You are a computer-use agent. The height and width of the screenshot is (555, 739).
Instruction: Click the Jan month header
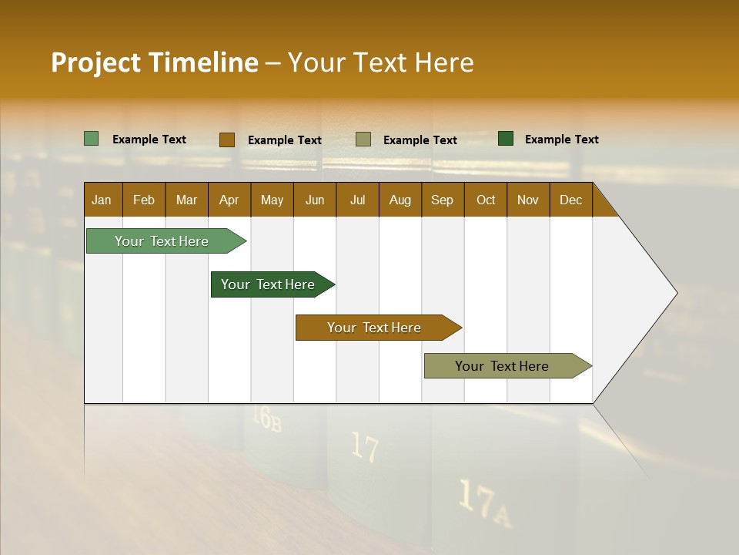102,200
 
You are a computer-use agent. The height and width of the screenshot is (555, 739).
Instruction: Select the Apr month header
229,200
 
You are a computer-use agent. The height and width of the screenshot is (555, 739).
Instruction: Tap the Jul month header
357,200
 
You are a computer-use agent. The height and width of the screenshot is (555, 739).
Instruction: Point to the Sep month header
442,200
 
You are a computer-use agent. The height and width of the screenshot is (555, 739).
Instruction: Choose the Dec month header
570,200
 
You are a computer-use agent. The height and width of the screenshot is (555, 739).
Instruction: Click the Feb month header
144,200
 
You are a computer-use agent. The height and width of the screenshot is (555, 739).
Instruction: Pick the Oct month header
486,200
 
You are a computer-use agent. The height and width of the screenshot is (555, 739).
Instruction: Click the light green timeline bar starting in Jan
162,241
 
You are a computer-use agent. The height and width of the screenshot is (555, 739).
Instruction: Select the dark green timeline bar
269,284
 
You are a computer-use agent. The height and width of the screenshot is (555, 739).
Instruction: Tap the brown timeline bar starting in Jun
375,328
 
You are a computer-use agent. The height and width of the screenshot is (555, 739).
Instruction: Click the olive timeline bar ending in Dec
503,366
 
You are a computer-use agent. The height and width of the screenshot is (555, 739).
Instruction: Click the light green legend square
92,139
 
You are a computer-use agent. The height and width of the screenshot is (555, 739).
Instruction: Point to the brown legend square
227,140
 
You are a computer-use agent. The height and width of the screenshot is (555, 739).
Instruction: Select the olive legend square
363,140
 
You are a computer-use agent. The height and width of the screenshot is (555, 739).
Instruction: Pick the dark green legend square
506,139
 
